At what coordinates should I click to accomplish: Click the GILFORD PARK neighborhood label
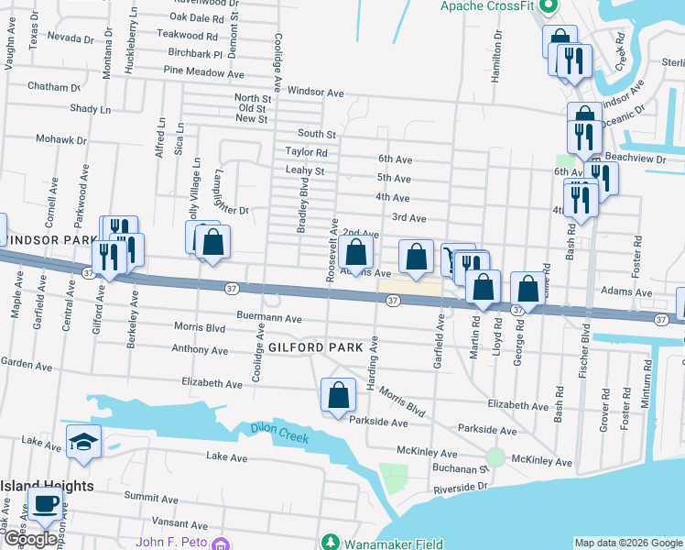coord(323,347)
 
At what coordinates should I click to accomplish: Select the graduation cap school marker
coord(82,442)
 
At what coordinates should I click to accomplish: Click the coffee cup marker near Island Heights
coord(45,502)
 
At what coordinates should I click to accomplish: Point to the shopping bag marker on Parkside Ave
coord(338,395)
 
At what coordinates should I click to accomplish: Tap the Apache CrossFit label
coord(486,6)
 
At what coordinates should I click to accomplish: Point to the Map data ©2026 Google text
coord(627,543)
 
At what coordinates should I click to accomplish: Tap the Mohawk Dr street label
coord(60,140)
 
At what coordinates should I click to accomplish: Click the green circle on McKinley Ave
coord(495,456)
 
